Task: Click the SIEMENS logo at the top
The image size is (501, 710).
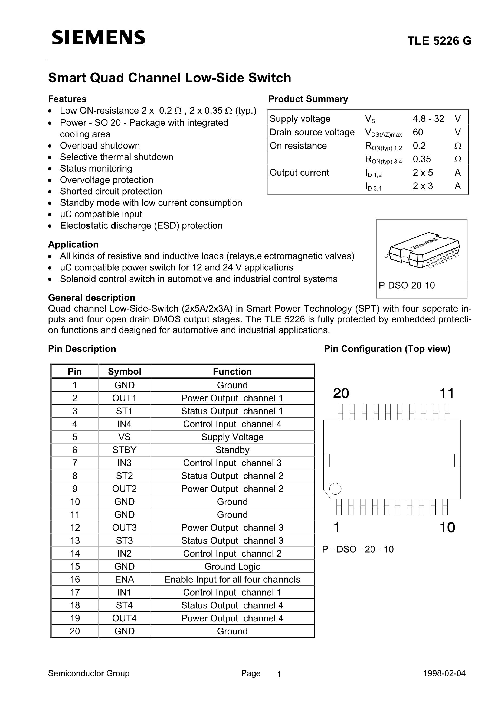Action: click(98, 38)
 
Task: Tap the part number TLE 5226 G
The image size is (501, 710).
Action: click(439, 41)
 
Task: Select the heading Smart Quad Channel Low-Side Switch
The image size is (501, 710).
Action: click(170, 78)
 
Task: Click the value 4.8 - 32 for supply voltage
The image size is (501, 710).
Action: click(428, 119)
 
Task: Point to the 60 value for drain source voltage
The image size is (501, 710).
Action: click(418, 132)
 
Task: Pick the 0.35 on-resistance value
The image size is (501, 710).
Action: click(422, 159)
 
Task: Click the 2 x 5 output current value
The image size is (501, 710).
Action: click(423, 173)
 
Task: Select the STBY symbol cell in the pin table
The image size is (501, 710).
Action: click(124, 450)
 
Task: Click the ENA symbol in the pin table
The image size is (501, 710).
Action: click(124, 579)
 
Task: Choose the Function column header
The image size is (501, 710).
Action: click(232, 371)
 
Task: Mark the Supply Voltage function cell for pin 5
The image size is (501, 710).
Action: click(232, 437)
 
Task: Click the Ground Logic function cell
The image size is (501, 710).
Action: click(232, 566)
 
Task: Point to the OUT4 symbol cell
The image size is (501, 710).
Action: click(124, 618)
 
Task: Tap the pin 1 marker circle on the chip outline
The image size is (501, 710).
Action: click(335, 489)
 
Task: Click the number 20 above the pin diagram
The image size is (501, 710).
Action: click(341, 393)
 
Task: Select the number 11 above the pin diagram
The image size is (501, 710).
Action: click(447, 393)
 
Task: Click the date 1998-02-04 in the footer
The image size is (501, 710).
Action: click(444, 673)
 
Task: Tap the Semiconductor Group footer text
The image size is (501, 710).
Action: click(89, 673)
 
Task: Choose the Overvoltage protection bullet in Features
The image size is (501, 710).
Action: click(106, 180)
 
